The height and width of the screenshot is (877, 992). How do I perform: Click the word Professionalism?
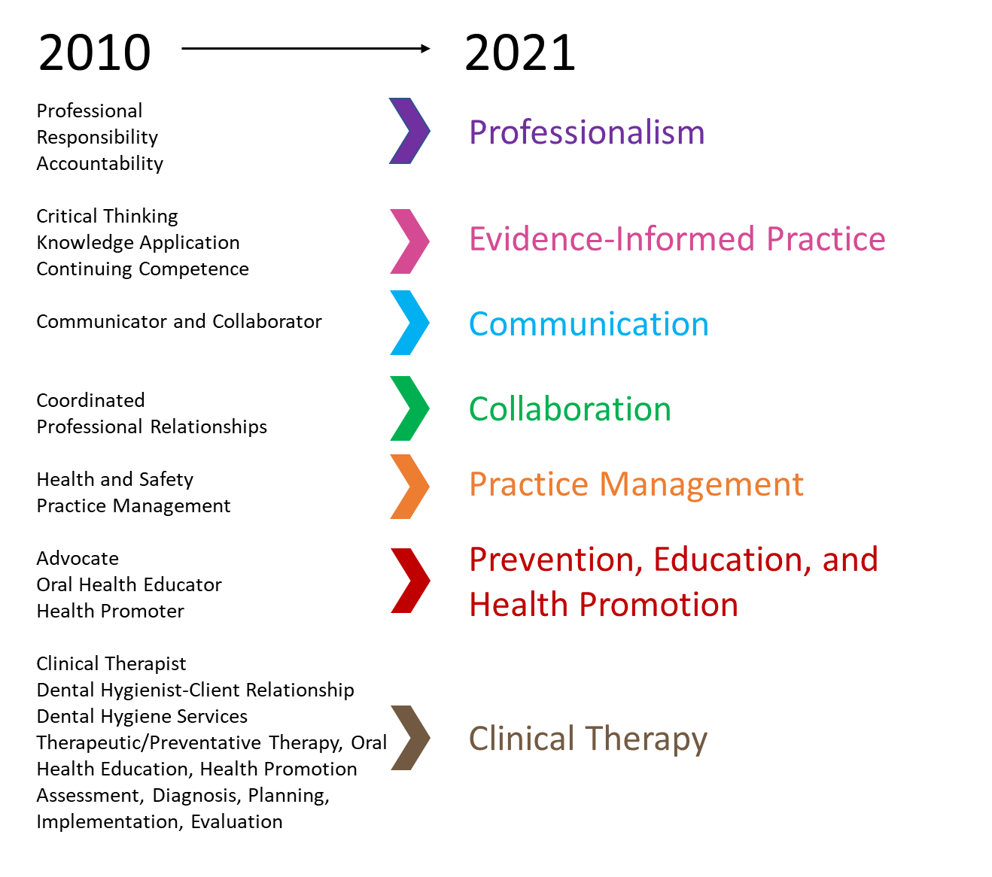pyautogui.click(x=587, y=132)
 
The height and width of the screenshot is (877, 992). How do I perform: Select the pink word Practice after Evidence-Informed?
pyautogui.click(x=826, y=239)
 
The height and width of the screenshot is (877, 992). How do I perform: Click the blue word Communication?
pyautogui.click(x=589, y=324)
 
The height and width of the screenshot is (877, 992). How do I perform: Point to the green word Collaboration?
pyautogui.click(x=570, y=409)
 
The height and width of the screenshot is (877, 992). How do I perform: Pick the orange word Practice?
pyautogui.click(x=528, y=485)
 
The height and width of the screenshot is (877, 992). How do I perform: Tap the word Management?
pyautogui.click(x=701, y=485)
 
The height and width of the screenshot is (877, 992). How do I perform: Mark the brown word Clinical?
pyautogui.click(x=522, y=739)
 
